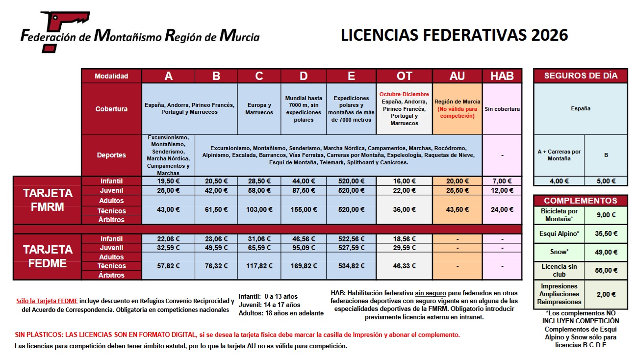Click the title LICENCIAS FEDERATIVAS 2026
click(x=454, y=35)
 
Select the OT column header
click(x=404, y=76)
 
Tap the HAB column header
click(x=502, y=76)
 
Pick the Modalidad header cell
click(x=111, y=76)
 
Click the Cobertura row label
click(x=111, y=109)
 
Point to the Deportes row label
click(x=111, y=155)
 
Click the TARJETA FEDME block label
click(x=47, y=257)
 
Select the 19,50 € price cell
click(x=168, y=181)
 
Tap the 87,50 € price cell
click(x=304, y=190)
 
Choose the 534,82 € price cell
click(x=351, y=266)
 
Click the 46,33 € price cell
click(x=404, y=266)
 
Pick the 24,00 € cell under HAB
click(x=502, y=209)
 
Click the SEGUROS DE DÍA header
click(x=581, y=76)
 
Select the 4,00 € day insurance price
click(x=559, y=181)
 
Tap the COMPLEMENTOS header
click(x=581, y=201)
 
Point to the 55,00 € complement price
click(x=606, y=270)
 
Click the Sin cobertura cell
click(x=502, y=109)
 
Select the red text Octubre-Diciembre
click(x=404, y=94)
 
